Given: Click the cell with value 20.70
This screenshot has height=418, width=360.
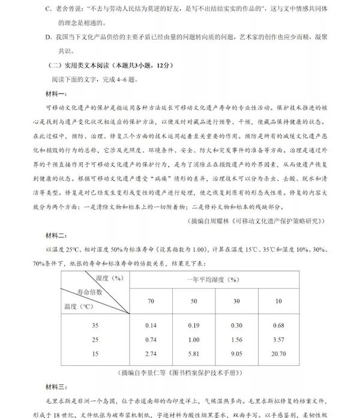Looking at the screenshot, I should coord(278,354).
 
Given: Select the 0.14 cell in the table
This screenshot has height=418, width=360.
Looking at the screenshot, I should coord(151,325).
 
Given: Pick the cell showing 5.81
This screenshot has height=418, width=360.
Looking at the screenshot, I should coord(193,354).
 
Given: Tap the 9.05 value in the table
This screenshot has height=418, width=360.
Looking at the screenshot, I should coord(236,354).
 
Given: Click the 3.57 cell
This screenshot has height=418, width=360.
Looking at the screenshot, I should coord(278,339).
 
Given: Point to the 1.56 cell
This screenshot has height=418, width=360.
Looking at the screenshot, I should coord(236,339).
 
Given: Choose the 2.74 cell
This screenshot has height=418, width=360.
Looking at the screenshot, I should coord(151,354).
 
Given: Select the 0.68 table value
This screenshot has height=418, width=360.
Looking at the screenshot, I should coord(278,325).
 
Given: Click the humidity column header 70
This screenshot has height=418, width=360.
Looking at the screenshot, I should coord(151,300).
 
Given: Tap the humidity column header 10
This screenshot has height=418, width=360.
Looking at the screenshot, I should coord(278,300).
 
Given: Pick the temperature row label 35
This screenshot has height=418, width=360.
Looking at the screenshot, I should coord(95,325).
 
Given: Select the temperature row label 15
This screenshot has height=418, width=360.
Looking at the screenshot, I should coord(95,354).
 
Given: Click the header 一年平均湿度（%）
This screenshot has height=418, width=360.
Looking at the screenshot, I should coord(214,279).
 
